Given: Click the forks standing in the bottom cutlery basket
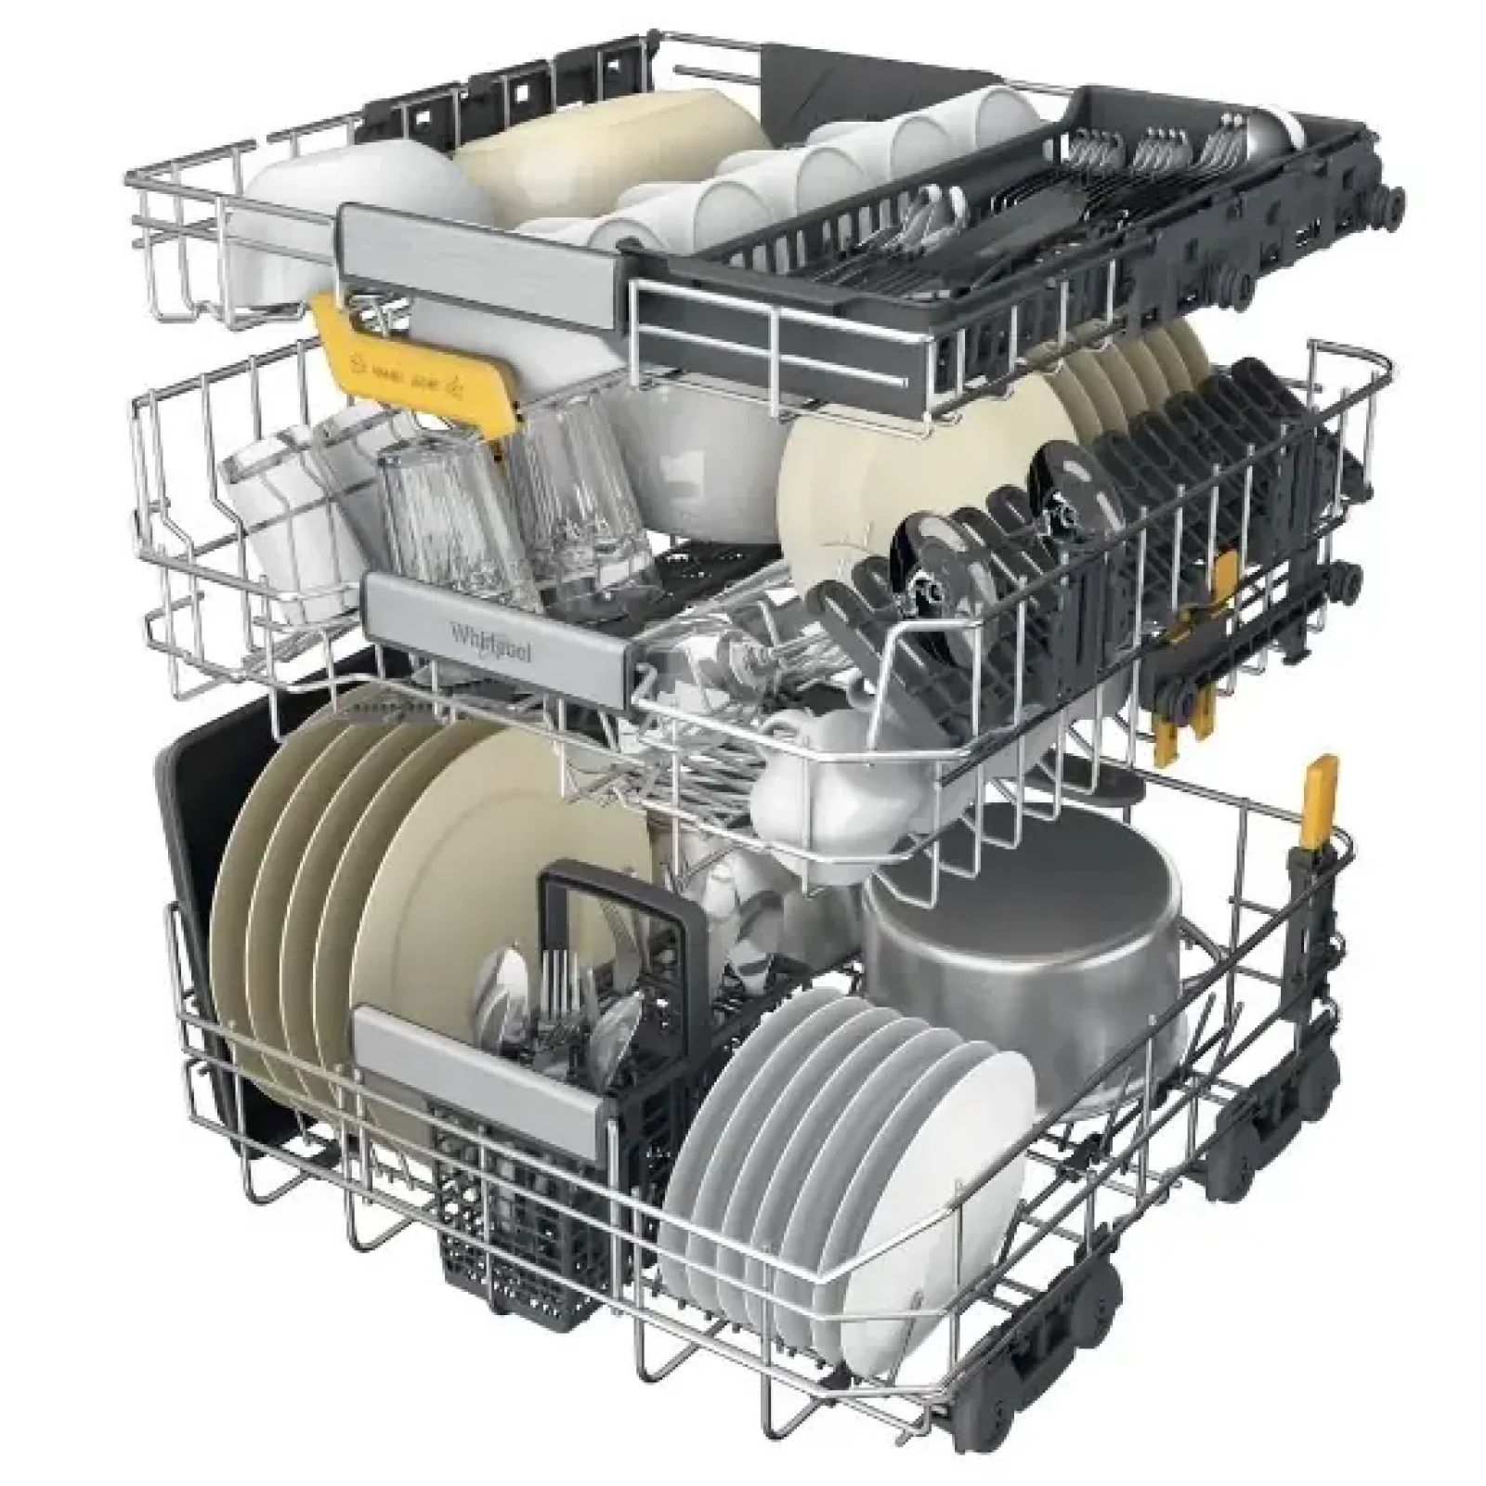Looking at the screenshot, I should tap(557, 984).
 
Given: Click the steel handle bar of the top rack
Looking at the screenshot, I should tap(483, 251).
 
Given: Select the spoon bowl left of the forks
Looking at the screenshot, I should tap(506, 975).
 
